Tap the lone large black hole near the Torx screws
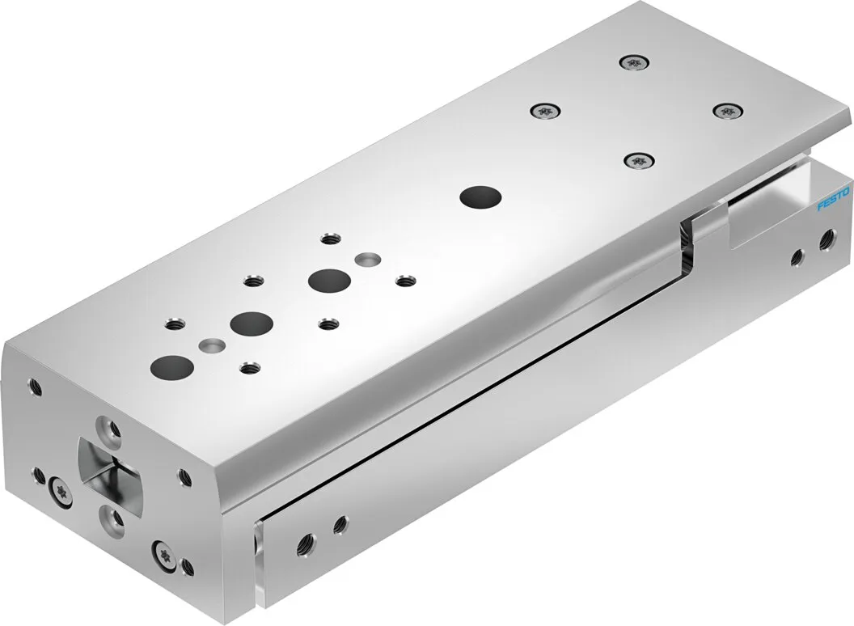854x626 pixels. point(481,197)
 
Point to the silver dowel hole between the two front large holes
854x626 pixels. point(211,345)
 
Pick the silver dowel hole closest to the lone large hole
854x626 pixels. point(368,258)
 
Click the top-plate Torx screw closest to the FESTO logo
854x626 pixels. point(728,111)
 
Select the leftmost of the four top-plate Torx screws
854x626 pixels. point(545,112)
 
